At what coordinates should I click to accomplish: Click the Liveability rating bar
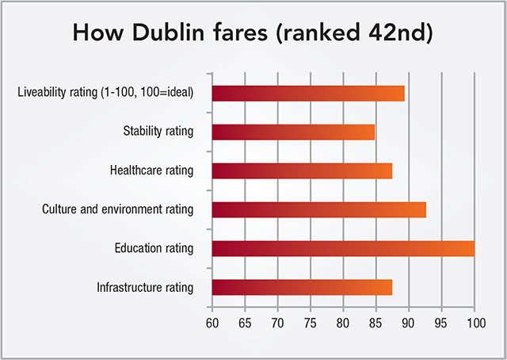click(308, 93)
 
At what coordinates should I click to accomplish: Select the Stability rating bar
click(293, 132)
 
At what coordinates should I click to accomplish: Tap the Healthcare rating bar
click(302, 170)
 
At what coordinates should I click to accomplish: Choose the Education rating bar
click(343, 248)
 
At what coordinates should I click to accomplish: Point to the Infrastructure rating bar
click(302, 287)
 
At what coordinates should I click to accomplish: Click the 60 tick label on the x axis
click(212, 323)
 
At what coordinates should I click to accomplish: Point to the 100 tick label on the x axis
click(475, 323)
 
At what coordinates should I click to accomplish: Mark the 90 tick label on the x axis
click(409, 323)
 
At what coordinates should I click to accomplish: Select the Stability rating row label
click(158, 132)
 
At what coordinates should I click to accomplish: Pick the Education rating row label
click(154, 248)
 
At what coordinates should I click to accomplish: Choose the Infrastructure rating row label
click(145, 287)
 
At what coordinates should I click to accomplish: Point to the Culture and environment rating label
click(118, 209)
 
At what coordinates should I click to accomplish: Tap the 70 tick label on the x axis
click(278, 323)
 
